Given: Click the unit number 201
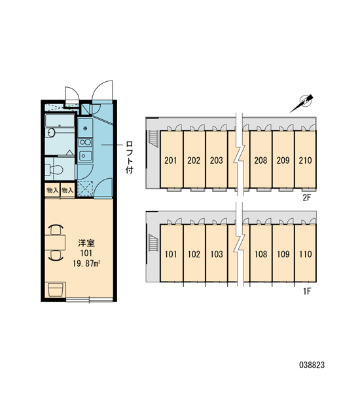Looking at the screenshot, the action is (x=171, y=160).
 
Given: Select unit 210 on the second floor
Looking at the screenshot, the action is (x=305, y=160).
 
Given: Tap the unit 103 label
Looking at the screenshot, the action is (x=217, y=254).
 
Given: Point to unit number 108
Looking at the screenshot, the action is (x=261, y=254).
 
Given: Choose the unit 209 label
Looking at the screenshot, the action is (x=283, y=160).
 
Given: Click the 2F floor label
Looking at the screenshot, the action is (x=306, y=198).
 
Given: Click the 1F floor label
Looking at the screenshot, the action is (x=307, y=291).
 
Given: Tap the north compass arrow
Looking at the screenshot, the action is (x=302, y=103).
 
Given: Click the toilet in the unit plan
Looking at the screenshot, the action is (x=54, y=170).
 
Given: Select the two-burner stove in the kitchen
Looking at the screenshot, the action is (x=85, y=142).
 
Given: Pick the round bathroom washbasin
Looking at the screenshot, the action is (x=51, y=132).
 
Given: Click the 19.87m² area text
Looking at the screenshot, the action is (x=86, y=263).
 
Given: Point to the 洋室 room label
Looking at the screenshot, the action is (x=86, y=243).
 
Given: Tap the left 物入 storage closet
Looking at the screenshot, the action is (x=52, y=191).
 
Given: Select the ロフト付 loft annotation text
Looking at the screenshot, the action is (x=129, y=157).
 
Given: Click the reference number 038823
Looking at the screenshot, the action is (x=312, y=365).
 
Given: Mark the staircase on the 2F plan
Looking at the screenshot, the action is (x=153, y=139).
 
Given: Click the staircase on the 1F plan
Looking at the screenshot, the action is (x=153, y=242).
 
